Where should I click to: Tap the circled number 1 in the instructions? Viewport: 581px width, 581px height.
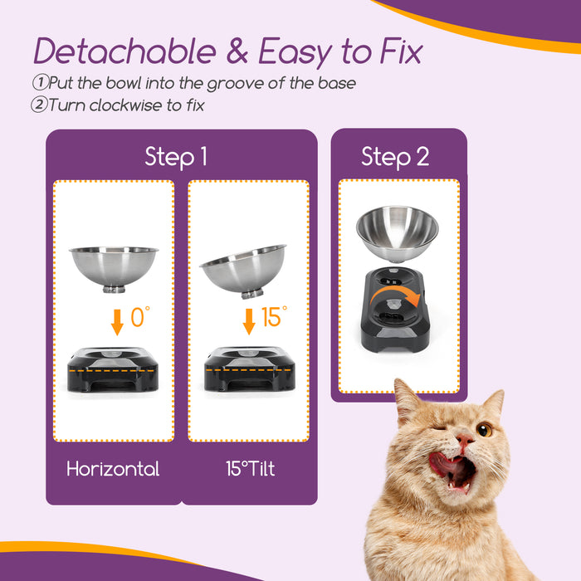(40, 83)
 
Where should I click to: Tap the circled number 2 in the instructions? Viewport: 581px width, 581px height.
(40, 105)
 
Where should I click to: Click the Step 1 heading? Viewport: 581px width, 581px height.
(175, 156)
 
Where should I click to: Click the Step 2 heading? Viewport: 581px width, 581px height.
(395, 156)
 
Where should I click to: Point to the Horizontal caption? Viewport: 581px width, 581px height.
(113, 469)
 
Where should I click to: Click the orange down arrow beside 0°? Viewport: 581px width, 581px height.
(117, 321)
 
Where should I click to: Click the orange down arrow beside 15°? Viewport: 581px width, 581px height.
(248, 321)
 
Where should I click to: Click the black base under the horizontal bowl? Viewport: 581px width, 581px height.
(113, 372)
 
